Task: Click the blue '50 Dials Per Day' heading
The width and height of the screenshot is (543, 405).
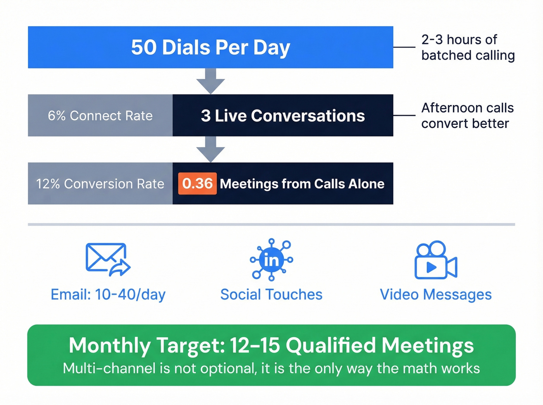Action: (x=210, y=48)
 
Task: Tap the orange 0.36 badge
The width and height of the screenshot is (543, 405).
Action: (x=197, y=183)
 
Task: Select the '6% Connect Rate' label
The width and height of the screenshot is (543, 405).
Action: (x=100, y=115)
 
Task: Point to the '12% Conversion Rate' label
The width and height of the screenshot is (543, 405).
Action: (x=100, y=184)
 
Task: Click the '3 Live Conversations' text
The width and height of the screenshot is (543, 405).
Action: (x=283, y=115)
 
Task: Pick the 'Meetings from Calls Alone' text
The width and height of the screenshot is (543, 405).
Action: (x=302, y=184)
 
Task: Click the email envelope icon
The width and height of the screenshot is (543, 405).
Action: (x=107, y=259)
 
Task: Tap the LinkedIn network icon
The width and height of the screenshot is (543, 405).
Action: (x=271, y=260)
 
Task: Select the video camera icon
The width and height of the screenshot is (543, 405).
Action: (x=436, y=260)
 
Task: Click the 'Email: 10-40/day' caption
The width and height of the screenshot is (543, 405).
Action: (x=108, y=295)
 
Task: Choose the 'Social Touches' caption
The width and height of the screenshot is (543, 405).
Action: (x=271, y=295)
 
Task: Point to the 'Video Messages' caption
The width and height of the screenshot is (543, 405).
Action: (x=436, y=295)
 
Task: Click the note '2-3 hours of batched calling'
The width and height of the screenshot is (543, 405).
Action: (x=468, y=48)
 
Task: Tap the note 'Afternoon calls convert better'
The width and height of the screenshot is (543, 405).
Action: (x=467, y=115)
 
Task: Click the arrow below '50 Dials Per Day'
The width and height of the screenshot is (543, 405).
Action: (x=211, y=81)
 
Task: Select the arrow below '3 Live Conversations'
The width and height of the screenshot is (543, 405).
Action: (x=211, y=149)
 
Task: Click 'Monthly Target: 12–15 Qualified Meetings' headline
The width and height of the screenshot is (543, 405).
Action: (x=271, y=345)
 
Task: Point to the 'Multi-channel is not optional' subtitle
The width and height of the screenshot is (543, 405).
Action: (x=271, y=368)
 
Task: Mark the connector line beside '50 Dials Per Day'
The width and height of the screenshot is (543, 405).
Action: (x=404, y=47)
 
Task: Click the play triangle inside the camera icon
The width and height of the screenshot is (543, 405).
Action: (x=431, y=267)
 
